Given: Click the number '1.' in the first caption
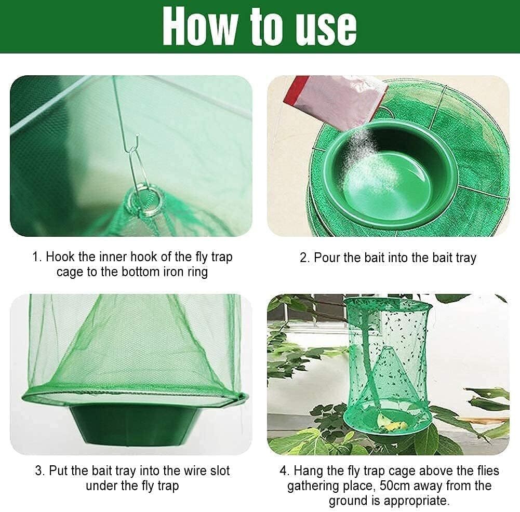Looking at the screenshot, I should [37, 257].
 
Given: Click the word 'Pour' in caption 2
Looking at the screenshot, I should [328, 258].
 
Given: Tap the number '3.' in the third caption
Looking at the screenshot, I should [40, 471].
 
